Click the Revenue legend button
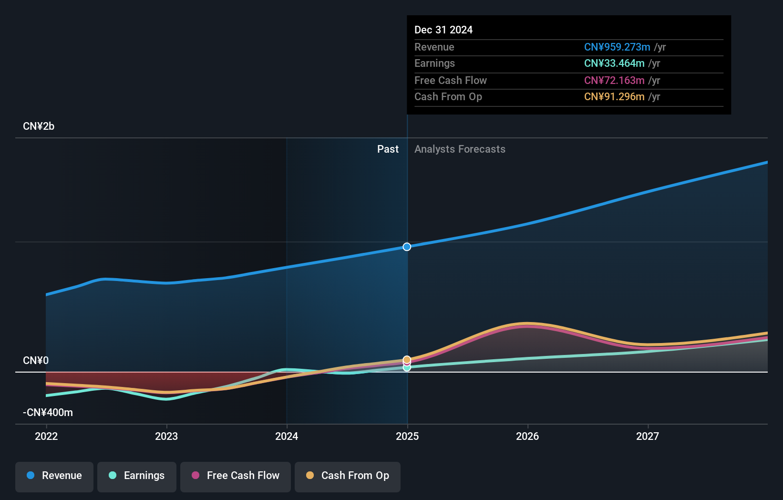[x=54, y=476]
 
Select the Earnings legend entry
[x=137, y=476]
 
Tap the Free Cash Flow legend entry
[x=236, y=476]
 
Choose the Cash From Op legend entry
[x=348, y=476]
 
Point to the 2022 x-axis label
[x=46, y=437]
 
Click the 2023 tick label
[x=166, y=437]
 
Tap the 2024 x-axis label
[x=287, y=437]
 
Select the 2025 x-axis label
[x=407, y=437]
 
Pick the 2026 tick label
[x=527, y=437]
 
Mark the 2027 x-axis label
[x=648, y=437]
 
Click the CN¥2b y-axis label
[x=39, y=126]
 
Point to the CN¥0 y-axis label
[x=36, y=361]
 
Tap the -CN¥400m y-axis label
[x=48, y=413]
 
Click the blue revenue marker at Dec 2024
[x=407, y=247]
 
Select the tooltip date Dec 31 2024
[x=443, y=30]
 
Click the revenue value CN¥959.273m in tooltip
[x=617, y=47]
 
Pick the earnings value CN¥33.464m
[x=614, y=63]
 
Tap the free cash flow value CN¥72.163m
[x=614, y=81]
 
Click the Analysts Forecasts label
[x=460, y=149]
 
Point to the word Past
[x=388, y=149]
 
